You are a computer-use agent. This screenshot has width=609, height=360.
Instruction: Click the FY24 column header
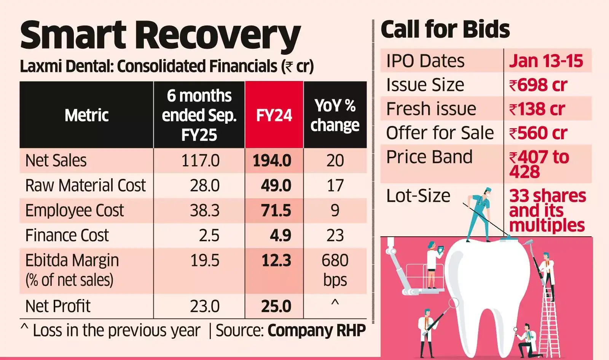[x=274, y=115]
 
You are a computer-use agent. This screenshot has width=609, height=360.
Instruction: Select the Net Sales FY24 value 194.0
[x=272, y=161]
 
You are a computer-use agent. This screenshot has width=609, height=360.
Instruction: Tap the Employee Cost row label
[x=75, y=210]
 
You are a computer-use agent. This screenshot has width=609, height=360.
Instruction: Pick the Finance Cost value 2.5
[x=209, y=236]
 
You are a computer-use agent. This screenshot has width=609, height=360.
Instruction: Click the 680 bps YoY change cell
[x=335, y=270]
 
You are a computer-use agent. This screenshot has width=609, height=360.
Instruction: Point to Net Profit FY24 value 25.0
[x=276, y=306]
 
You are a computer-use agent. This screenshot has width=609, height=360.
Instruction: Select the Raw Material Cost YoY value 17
[x=335, y=186]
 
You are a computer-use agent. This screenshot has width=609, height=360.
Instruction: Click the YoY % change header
[x=335, y=115]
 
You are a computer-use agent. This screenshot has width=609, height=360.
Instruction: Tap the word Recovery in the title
[x=217, y=36]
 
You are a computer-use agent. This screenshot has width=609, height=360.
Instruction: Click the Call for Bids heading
[x=445, y=30]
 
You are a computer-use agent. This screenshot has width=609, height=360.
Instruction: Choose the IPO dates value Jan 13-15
[x=546, y=61]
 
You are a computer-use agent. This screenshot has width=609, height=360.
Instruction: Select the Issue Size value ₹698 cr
[x=538, y=85]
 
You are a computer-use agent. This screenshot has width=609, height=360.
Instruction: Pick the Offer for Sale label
[x=440, y=133]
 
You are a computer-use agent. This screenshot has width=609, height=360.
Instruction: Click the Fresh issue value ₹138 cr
[x=537, y=109]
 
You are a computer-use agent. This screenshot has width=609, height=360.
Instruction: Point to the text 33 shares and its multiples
[x=547, y=210]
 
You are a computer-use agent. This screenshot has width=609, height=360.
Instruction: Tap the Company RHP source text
[x=316, y=330]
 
